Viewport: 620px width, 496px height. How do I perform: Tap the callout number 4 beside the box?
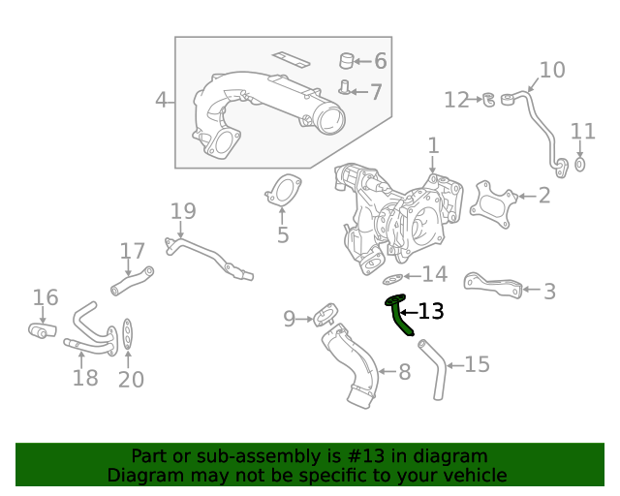[162, 100]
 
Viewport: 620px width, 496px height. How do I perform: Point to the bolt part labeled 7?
[343, 90]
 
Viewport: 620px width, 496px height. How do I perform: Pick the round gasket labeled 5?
[282, 191]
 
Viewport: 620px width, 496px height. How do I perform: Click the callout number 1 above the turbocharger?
[433, 145]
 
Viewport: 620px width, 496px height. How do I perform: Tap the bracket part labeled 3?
[493, 283]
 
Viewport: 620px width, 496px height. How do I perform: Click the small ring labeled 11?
[579, 164]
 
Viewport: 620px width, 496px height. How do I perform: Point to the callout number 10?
[551, 70]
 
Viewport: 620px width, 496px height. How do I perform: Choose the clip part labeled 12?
[491, 98]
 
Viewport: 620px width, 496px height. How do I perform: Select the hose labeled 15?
[433, 369]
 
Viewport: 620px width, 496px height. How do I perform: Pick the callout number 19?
[183, 211]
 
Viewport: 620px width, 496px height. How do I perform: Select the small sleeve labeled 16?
[40, 331]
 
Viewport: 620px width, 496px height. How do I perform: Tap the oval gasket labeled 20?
[129, 337]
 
